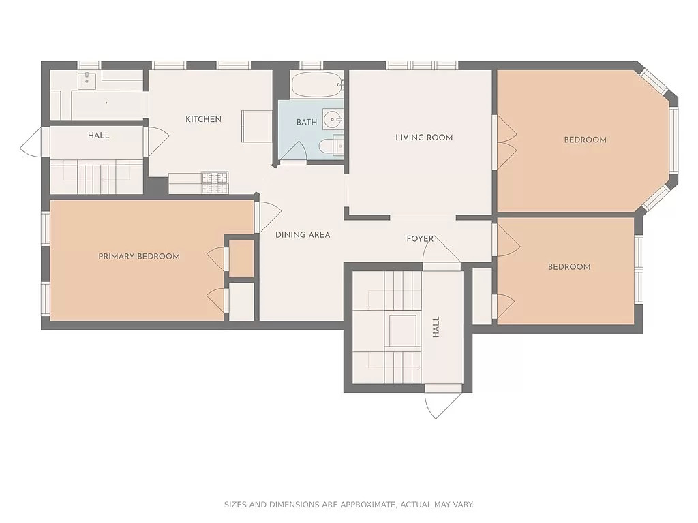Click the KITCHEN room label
(x=203, y=119)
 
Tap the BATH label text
(x=306, y=123)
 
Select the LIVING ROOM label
(x=424, y=138)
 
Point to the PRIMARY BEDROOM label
(x=139, y=257)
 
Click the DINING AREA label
(x=303, y=235)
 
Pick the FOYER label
(x=420, y=239)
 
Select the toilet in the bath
(x=329, y=146)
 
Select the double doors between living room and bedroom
(x=504, y=142)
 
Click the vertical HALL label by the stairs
(x=436, y=327)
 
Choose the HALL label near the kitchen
(x=98, y=136)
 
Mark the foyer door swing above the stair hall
(x=439, y=251)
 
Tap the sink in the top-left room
(x=87, y=80)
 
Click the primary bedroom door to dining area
(x=267, y=217)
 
